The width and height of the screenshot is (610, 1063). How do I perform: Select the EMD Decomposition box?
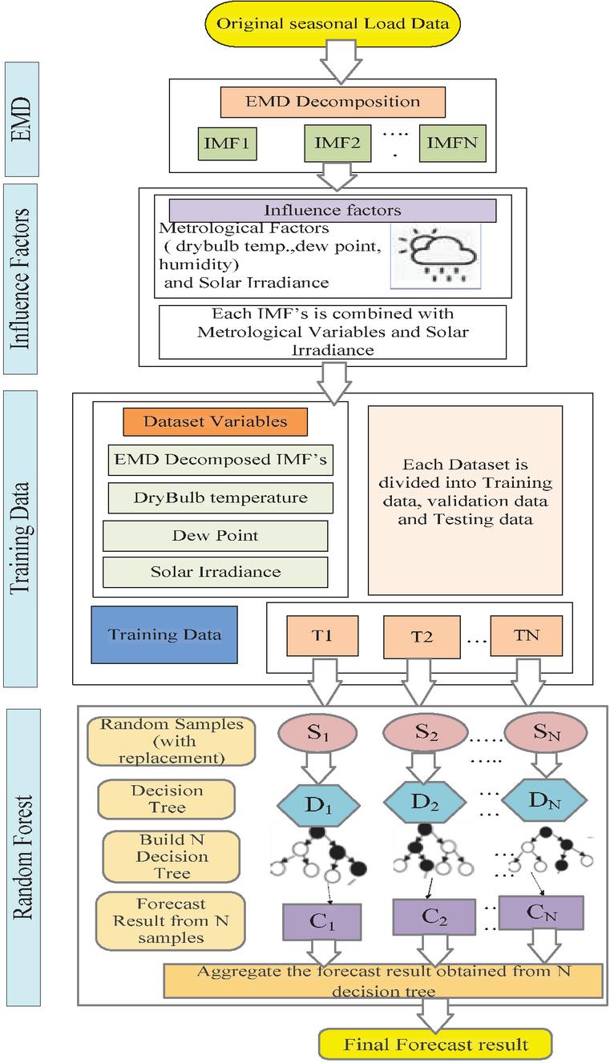333,102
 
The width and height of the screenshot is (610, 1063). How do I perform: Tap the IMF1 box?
228,147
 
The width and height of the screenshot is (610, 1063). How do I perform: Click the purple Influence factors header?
333,210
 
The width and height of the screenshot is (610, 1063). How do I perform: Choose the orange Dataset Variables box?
216,421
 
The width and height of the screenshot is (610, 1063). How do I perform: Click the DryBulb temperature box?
220,497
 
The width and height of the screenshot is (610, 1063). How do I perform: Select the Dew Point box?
216,535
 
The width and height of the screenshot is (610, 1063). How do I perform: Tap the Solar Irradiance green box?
216,572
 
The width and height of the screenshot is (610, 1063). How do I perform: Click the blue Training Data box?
164,635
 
